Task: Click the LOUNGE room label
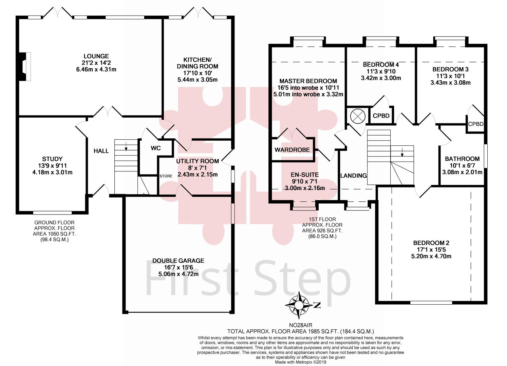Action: (96, 56)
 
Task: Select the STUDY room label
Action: (52, 159)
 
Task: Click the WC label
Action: (156, 148)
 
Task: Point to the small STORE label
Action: (166, 176)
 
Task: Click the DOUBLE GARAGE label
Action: (178, 261)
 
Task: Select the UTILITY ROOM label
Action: (197, 161)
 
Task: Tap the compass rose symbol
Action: (299, 305)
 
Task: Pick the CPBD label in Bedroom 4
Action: (381, 116)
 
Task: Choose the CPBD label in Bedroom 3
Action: (475, 124)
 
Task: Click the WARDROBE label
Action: (292, 150)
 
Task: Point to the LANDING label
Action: (354, 176)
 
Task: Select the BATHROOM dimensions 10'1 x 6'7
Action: (462, 165)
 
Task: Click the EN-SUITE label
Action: (304, 175)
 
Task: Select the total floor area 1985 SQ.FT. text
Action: (300, 331)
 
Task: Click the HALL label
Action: (101, 151)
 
